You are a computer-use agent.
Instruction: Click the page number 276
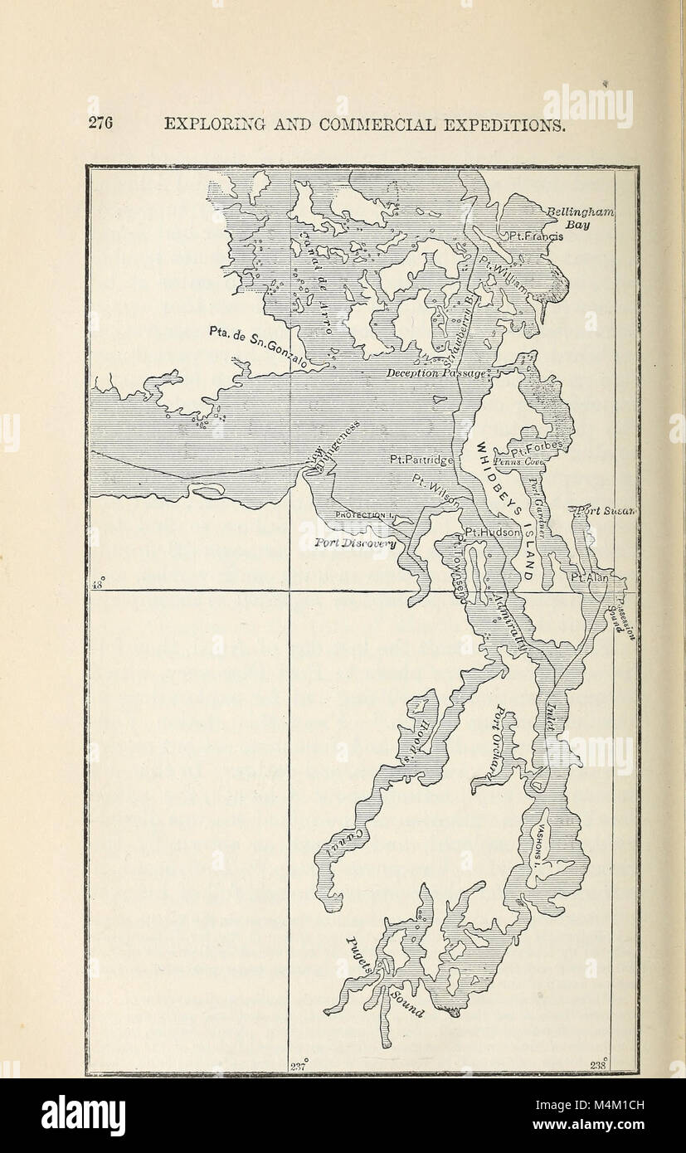(100, 124)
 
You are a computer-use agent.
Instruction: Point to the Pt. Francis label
(535, 236)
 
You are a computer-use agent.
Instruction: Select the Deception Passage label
(437, 374)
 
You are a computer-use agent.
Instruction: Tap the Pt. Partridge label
(422, 459)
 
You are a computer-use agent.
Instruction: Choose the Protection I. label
(362, 514)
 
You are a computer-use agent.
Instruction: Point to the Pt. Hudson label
(492, 532)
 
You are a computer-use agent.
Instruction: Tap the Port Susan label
(605, 511)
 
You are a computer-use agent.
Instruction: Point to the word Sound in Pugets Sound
(409, 1003)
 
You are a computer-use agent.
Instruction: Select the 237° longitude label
(299, 1065)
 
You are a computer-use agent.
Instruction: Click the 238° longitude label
(598, 1065)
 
